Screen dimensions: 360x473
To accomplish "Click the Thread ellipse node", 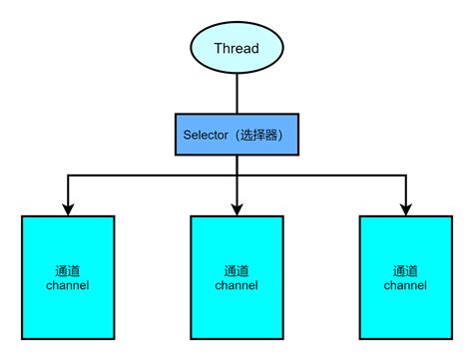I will [236, 48].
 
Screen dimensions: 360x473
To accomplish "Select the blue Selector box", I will [236, 134].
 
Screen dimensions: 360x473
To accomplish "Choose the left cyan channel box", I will [67, 276].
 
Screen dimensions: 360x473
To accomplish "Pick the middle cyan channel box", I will [236, 276].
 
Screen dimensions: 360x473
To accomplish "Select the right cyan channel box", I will [405, 276].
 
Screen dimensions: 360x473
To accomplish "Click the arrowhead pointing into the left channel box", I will [67, 208].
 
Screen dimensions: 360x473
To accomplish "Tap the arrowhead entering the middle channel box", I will [236, 208].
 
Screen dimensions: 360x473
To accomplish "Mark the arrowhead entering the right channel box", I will [405, 208].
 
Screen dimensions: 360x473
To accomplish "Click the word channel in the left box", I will [67, 285].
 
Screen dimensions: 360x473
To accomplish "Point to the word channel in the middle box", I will [236, 285].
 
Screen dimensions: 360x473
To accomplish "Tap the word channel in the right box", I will [405, 285].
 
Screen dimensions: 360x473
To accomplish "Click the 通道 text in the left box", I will [67, 270].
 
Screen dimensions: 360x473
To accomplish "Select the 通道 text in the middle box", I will [236, 270].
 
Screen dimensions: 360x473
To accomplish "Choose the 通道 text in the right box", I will [405, 270].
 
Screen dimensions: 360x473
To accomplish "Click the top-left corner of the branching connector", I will [67, 176].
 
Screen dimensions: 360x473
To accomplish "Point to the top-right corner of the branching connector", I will [405, 176].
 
